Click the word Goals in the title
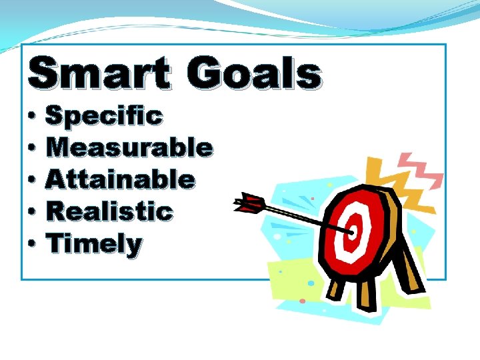pyautogui.click(x=254, y=74)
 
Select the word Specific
pyautogui.click(x=103, y=116)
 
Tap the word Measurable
pyautogui.click(x=129, y=147)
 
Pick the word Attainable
pyautogui.click(x=120, y=179)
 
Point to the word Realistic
pyautogui.click(x=109, y=212)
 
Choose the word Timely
pyautogui.click(x=94, y=245)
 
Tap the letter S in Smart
pyautogui.click(x=44, y=73)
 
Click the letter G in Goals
pyautogui.click(x=203, y=74)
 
